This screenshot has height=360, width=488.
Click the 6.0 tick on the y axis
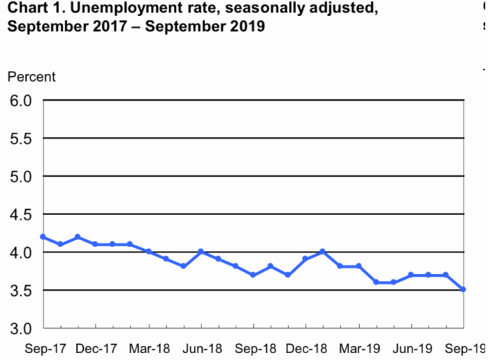coord(21,100)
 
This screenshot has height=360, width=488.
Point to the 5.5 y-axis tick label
coord(21,138)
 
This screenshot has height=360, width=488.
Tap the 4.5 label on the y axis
coord(21,214)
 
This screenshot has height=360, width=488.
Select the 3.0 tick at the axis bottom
coord(21,328)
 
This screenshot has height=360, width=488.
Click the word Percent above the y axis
coord(31,77)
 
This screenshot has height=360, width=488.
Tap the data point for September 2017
coord(43,236)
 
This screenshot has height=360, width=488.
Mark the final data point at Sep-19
coord(464,290)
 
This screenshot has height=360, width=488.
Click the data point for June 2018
coord(201,252)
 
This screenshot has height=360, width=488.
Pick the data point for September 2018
coord(253,275)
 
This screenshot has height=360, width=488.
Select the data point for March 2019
coord(358,266)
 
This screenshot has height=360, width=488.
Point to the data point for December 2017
coord(95,244)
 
